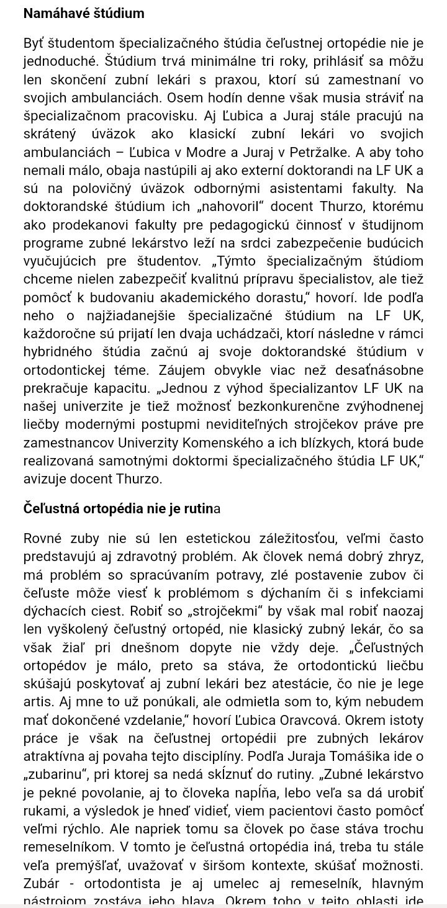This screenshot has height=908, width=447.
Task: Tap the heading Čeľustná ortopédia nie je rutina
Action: pos(122,508)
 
